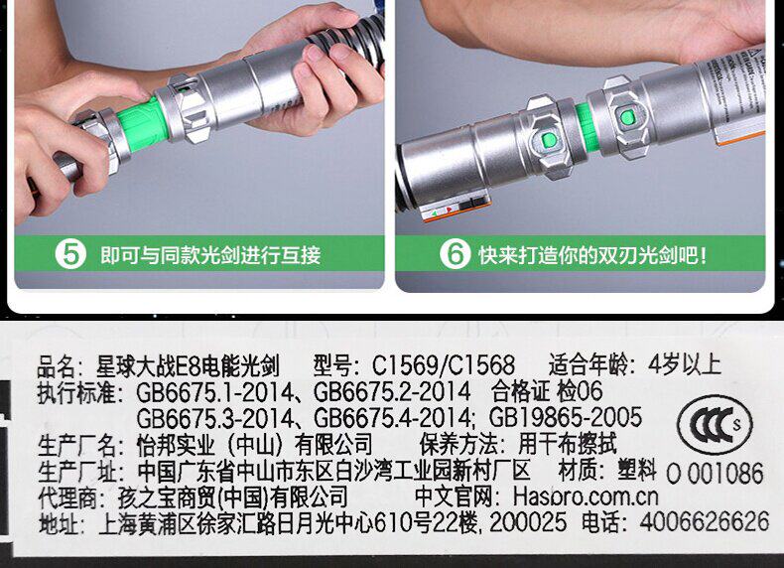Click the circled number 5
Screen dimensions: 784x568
click(x=70, y=254)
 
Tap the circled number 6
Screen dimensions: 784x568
click(x=455, y=254)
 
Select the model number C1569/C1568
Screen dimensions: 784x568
click(x=443, y=364)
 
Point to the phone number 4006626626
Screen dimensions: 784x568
click(x=704, y=521)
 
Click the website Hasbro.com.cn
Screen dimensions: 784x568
click(x=586, y=497)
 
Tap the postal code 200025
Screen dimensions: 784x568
click(x=528, y=522)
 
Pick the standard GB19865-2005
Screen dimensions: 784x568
click(x=565, y=418)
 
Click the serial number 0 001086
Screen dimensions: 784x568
click(x=715, y=474)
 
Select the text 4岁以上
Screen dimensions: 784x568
click(x=685, y=364)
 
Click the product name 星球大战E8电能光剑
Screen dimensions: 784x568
click(x=188, y=365)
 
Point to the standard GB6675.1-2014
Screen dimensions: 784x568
click(x=214, y=392)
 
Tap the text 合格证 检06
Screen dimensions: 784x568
click(x=547, y=391)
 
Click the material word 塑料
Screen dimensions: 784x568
click(x=636, y=470)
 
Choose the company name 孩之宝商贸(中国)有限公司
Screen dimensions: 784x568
click(x=232, y=497)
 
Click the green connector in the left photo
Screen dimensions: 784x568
click(x=143, y=124)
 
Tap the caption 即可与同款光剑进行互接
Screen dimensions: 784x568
click(x=210, y=255)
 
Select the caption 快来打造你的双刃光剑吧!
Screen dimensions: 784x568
click(x=593, y=255)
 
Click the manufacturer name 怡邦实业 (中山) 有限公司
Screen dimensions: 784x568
click(x=254, y=444)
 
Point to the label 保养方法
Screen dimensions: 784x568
click(x=458, y=444)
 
